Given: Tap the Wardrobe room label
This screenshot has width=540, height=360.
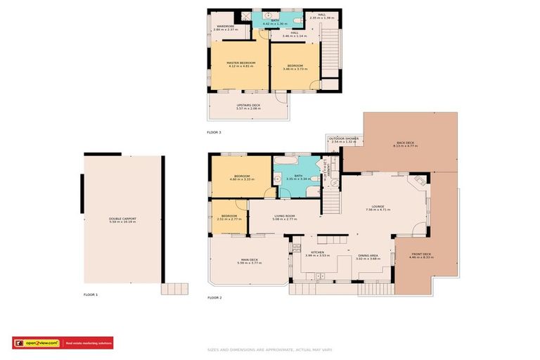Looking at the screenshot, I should [226, 28].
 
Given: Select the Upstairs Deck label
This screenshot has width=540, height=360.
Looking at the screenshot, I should [248, 107].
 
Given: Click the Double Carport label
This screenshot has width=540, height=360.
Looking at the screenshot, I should [122, 220].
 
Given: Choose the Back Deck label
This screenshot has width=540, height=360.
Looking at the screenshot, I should [406, 144].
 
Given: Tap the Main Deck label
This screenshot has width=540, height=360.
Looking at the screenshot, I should [248, 261].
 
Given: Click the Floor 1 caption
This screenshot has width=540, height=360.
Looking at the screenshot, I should [91, 294].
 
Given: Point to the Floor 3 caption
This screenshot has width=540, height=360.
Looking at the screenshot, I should [214, 132].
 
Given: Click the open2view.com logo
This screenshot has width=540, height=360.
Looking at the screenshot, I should [38, 343].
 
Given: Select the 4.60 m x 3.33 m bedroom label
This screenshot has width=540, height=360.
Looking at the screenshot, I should [242, 178].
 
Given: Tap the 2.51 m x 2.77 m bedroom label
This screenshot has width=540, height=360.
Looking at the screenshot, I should [230, 217].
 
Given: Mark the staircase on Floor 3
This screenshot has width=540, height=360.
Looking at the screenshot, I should [328, 53].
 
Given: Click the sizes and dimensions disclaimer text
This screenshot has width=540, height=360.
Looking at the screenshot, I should [270, 349].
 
